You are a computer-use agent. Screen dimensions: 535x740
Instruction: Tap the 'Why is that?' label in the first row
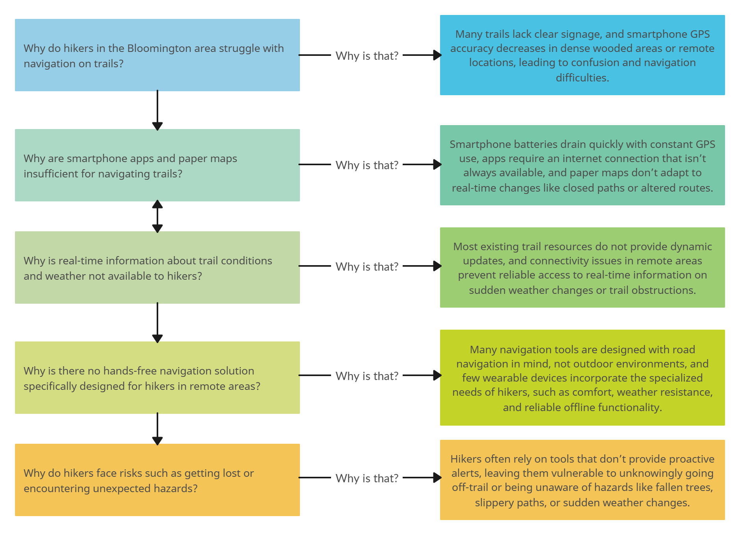(x=367, y=56)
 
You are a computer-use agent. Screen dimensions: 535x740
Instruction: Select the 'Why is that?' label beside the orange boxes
(x=367, y=478)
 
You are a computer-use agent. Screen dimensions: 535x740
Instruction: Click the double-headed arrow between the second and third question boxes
(x=157, y=216)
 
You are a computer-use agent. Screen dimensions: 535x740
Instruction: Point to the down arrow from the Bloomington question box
(x=157, y=110)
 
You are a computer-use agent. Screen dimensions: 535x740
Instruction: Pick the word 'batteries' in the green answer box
(x=538, y=144)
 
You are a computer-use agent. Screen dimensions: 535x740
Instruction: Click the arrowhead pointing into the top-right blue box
(x=437, y=55)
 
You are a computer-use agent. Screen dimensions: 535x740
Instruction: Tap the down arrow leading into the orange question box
(x=157, y=429)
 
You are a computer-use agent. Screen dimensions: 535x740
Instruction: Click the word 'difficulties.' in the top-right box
(x=582, y=78)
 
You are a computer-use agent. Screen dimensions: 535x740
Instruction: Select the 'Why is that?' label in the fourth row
(x=367, y=376)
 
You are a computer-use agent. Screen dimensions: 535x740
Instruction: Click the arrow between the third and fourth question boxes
(x=157, y=323)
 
